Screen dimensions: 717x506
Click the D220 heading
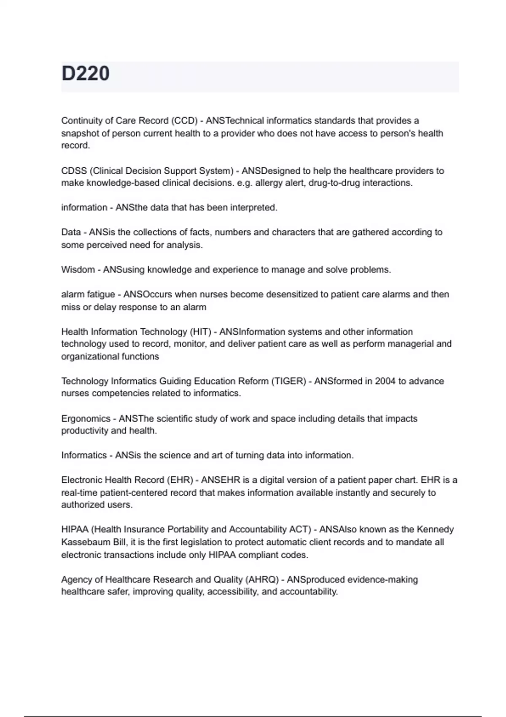(x=86, y=73)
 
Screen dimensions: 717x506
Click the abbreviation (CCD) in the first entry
(x=184, y=121)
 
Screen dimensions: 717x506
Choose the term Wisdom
(x=78, y=270)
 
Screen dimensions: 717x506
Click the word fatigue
(x=101, y=294)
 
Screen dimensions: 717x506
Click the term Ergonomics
(x=86, y=419)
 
